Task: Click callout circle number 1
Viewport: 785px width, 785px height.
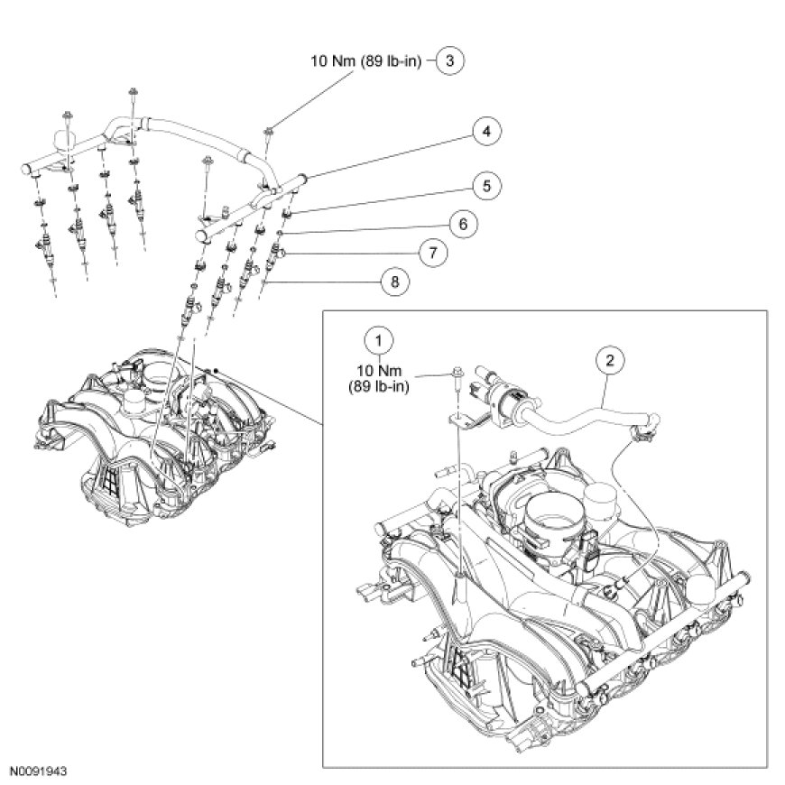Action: click(x=379, y=340)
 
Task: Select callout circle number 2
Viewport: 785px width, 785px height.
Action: click(x=610, y=361)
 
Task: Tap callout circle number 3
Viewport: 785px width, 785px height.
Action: click(x=451, y=61)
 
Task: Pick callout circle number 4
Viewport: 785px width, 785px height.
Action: click(x=485, y=132)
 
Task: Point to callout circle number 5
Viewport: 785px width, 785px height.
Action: click(x=485, y=186)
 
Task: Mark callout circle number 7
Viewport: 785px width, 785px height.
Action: click(x=433, y=253)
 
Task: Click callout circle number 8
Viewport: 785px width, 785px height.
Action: click(x=394, y=282)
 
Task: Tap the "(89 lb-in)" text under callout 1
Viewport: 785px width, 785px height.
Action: click(x=379, y=388)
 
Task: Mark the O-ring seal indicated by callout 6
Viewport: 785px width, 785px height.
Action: click(x=282, y=232)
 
